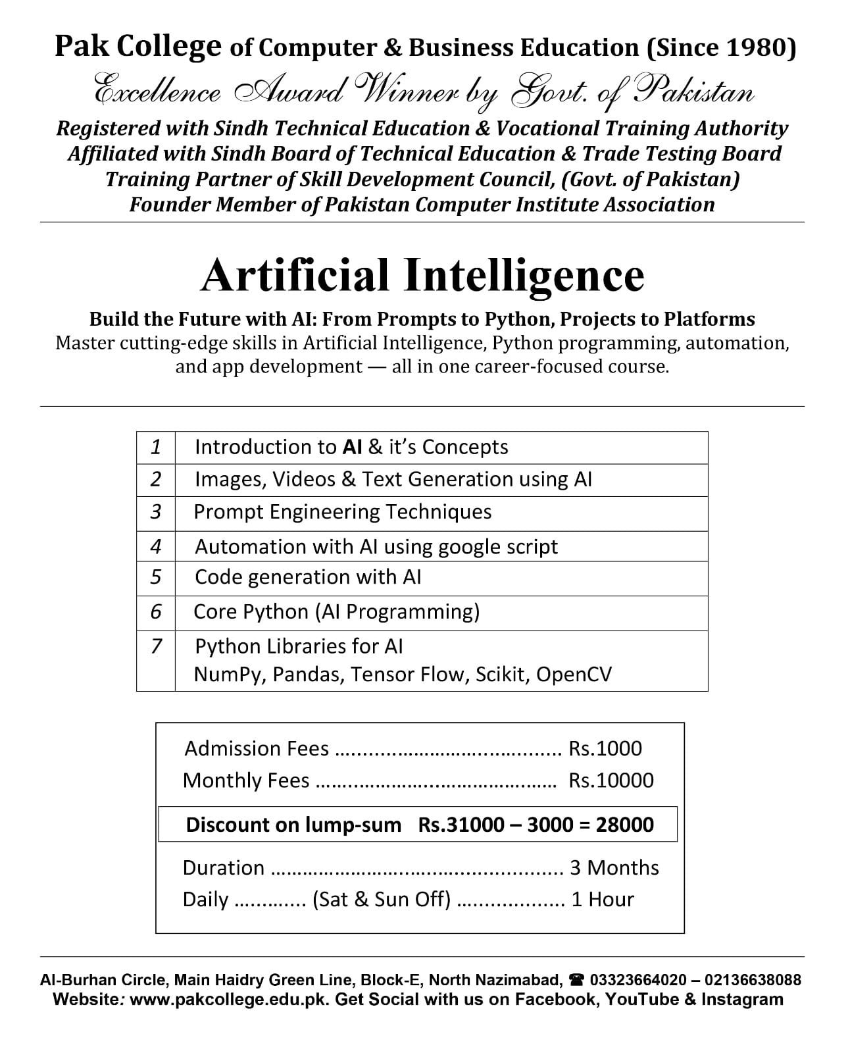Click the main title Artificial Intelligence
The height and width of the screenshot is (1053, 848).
pos(422,275)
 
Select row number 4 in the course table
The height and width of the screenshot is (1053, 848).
pos(156,546)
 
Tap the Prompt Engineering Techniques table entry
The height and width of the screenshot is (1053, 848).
pos(342,512)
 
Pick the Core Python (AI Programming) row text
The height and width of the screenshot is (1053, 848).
pos(336,612)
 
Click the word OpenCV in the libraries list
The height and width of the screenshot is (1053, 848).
pos(574,675)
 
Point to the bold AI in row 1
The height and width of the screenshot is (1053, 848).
pos(352,448)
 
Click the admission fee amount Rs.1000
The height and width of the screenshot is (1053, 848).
pos(605,749)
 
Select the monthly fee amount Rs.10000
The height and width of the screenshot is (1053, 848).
pos(611,781)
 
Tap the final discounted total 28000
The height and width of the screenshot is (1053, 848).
pos(624,825)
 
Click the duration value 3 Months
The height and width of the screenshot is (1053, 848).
pos(614,868)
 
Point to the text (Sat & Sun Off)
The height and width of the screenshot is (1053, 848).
pos(382,900)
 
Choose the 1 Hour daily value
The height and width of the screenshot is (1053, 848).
pos(603,900)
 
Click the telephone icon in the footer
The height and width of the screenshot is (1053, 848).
pos(577,980)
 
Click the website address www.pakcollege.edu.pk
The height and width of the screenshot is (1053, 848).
pos(230,1000)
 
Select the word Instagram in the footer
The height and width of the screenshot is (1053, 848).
pos(742,1000)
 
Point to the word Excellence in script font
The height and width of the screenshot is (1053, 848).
pos(158,92)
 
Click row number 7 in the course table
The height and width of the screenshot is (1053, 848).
pos(156,646)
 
